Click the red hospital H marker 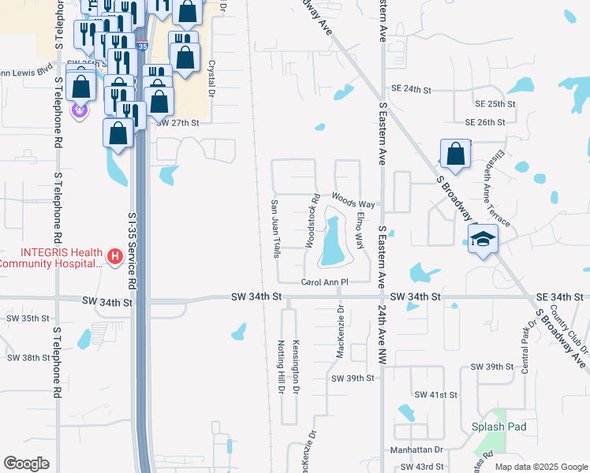point(114,256)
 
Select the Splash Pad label point(499,426)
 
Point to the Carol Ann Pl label point(324,281)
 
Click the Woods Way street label point(353,203)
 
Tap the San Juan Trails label point(275,228)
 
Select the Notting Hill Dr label point(281,369)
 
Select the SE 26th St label point(484,122)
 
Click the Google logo point(26,464)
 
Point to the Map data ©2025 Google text point(540,467)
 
